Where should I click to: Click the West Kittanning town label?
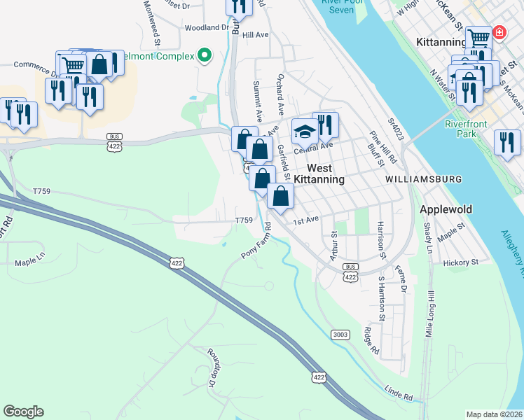(319, 174)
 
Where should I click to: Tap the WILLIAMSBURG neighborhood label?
(423, 179)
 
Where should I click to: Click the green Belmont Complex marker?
(205, 55)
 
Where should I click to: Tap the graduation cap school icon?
(304, 132)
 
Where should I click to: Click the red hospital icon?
(499, 32)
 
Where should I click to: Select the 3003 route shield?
(340, 335)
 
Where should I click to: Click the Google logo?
(23, 412)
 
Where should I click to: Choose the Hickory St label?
(460, 262)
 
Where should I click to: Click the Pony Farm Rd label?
(256, 240)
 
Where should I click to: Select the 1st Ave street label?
(305, 220)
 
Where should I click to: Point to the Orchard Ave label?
(280, 94)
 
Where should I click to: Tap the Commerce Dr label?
(35, 69)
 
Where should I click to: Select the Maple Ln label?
(29, 263)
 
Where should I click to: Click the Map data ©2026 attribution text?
(495, 414)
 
